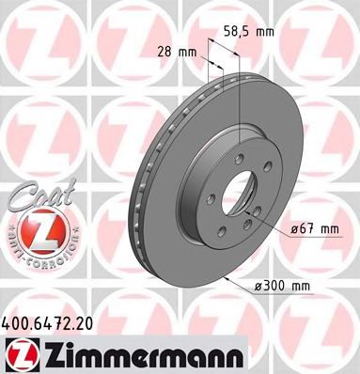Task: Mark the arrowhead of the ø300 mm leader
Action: pos(229,281)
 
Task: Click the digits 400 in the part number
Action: pos(18,321)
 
